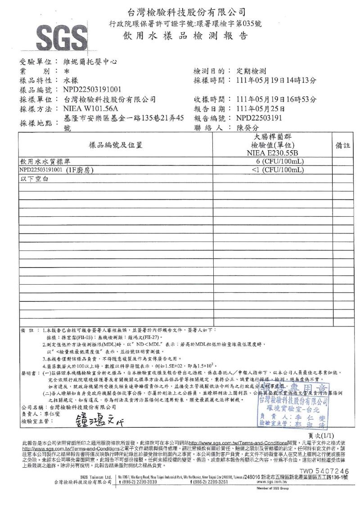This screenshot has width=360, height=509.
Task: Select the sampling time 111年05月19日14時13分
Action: point(276,80)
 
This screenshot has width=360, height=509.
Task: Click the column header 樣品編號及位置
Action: point(116,145)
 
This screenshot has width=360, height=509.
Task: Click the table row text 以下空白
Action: point(34,179)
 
